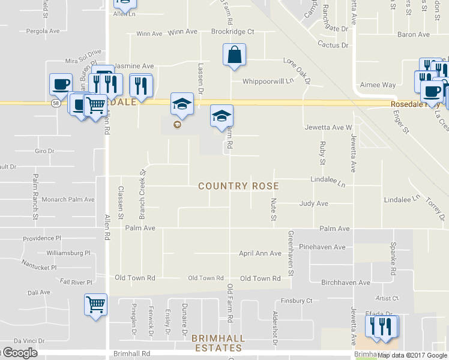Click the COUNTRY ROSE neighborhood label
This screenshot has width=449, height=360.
(238, 186)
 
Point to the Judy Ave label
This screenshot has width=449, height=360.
(313, 203)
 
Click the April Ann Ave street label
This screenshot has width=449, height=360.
(260, 254)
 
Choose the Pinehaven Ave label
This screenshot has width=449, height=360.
(322, 247)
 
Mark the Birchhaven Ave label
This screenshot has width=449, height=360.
(346, 282)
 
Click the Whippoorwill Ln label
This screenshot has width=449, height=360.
(268, 81)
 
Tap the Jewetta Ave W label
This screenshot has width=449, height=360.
(328, 127)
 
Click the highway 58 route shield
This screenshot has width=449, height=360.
(55, 103)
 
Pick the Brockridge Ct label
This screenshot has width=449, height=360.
(233, 31)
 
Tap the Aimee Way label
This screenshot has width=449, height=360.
(377, 86)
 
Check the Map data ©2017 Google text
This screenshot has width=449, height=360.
(412, 355)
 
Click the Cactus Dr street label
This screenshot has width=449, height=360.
(333, 45)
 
